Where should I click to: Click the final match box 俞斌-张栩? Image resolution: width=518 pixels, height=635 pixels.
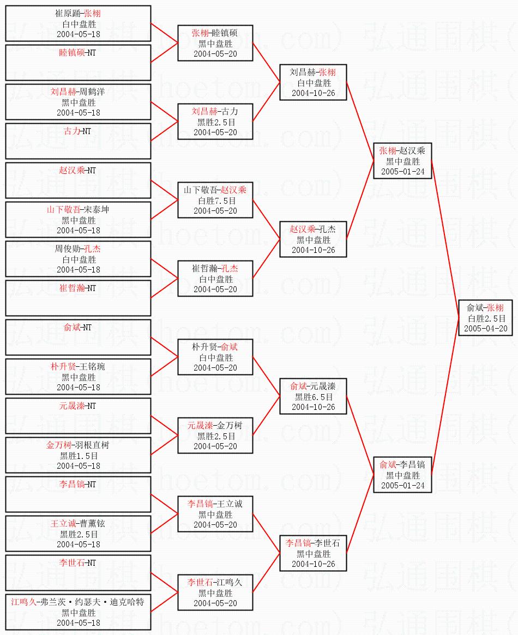tap(485, 318)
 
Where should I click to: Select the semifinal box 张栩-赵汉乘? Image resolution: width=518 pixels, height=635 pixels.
tap(402, 161)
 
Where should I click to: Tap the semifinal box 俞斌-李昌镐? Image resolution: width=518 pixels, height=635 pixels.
tap(402, 475)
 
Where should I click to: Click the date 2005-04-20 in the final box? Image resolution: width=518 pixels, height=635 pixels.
tap(486, 329)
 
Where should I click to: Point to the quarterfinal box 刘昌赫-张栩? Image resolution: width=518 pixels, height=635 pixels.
tap(313, 82)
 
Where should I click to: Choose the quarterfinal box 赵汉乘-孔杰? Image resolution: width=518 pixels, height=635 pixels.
tap(313, 239)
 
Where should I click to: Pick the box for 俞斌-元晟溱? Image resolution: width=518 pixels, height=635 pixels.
tap(313, 396)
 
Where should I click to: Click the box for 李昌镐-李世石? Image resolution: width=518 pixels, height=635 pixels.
tap(313, 553)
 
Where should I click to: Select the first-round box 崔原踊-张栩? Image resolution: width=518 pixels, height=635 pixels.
tap(78, 23)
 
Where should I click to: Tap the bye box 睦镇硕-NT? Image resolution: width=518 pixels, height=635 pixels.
tap(78, 63)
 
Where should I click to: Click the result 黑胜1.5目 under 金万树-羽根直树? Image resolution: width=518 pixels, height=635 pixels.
tap(79, 456)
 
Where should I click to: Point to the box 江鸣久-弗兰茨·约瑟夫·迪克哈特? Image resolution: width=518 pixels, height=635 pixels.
tap(78, 612)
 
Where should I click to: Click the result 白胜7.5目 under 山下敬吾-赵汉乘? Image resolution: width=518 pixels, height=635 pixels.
tap(215, 201)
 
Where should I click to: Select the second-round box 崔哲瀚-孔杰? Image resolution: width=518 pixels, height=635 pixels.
tap(215, 279)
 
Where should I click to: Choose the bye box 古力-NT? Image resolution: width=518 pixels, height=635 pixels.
tap(78, 141)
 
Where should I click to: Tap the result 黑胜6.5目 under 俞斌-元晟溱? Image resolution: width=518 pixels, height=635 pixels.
tap(314, 397)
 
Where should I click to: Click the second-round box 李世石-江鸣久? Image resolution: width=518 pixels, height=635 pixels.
tap(215, 592)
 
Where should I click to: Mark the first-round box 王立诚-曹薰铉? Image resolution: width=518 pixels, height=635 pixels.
tap(78, 534)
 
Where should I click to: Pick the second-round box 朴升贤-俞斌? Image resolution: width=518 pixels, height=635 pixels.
tap(215, 357)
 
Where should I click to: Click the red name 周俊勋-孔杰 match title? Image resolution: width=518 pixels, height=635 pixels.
tap(78, 249)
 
